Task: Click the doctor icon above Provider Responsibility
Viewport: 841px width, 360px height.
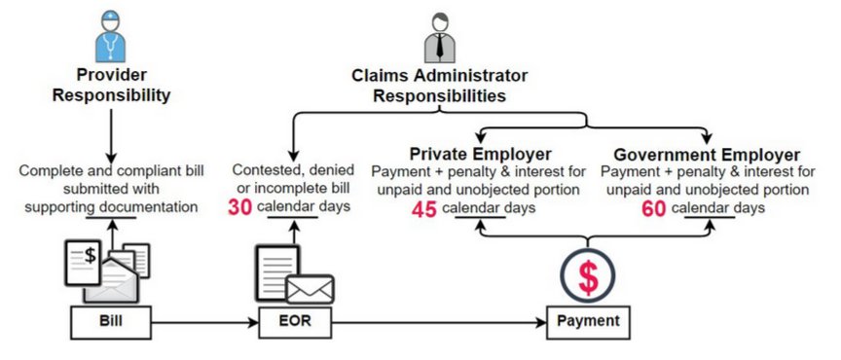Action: click(111, 38)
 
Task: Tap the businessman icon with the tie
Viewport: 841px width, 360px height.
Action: click(439, 38)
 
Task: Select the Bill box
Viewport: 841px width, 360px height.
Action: click(111, 322)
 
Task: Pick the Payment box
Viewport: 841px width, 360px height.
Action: click(588, 322)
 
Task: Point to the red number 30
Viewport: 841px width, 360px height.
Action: click(239, 207)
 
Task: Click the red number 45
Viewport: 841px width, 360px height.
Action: click(423, 210)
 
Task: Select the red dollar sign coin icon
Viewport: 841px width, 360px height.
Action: click(588, 275)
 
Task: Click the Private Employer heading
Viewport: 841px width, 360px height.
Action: click(481, 155)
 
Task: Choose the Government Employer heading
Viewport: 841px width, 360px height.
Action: click(707, 155)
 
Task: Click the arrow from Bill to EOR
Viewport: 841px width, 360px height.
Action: click(204, 323)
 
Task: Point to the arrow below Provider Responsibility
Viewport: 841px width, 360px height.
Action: click(111, 136)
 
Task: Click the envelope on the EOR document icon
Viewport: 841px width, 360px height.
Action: click(310, 290)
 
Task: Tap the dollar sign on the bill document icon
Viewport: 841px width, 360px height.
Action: click(91, 255)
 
